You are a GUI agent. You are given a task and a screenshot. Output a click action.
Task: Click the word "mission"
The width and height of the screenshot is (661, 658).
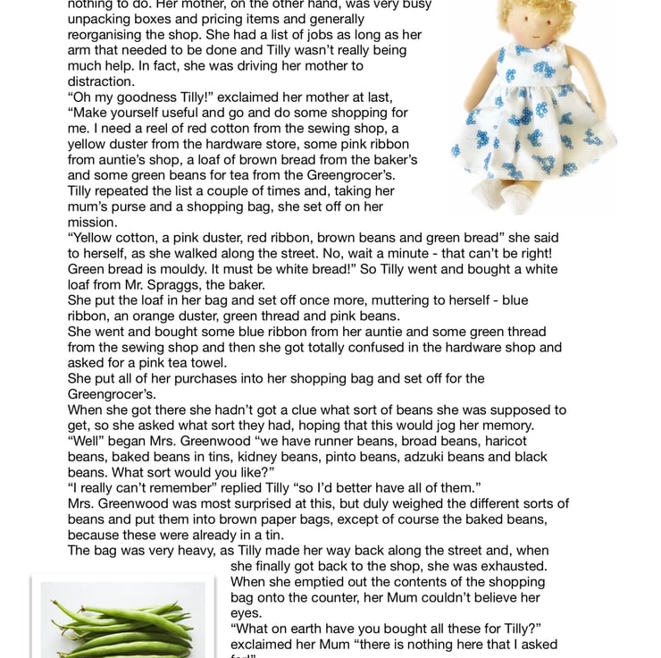(92, 222)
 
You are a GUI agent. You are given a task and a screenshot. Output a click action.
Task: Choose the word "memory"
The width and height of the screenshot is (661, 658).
(529, 426)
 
